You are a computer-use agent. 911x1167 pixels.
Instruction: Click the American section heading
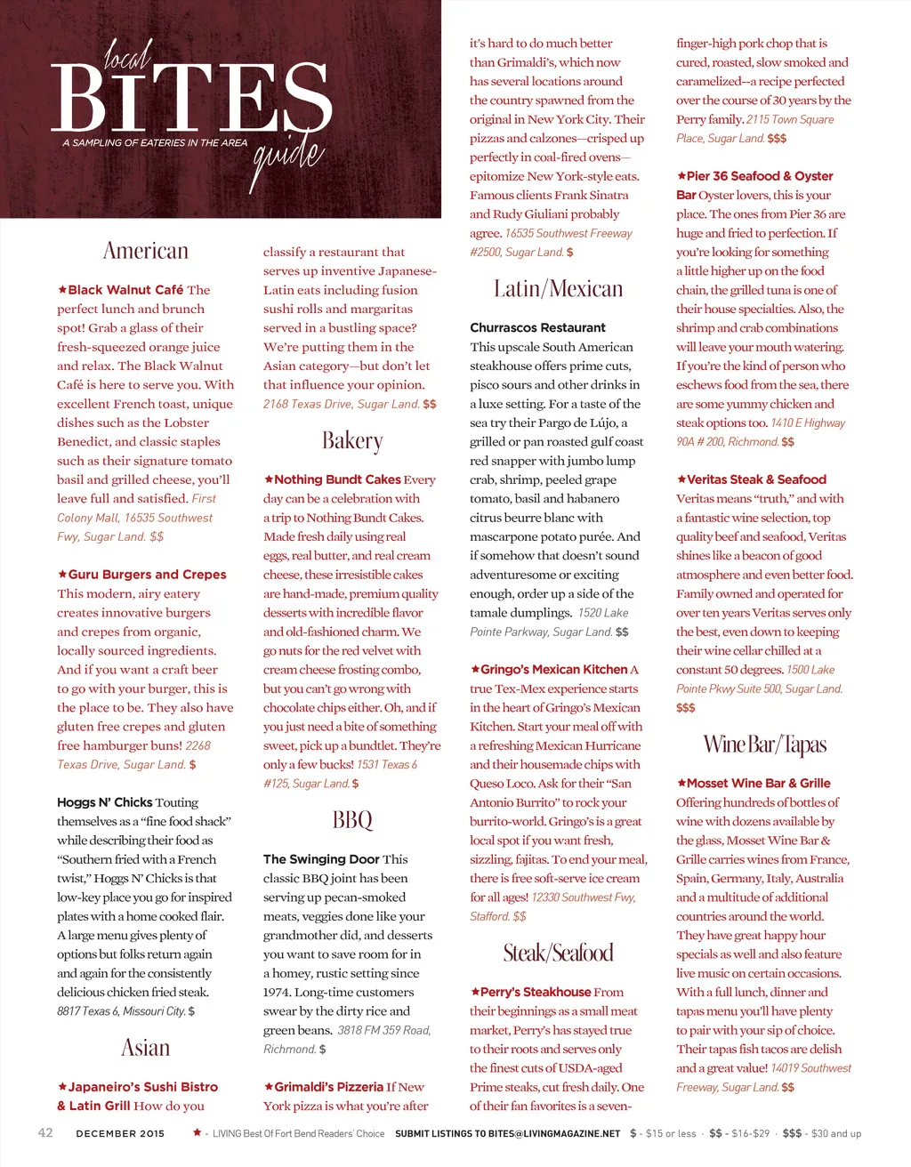[x=146, y=251]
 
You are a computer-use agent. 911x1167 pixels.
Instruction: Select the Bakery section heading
[x=352, y=441]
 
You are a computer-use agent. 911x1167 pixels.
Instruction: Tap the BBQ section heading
[x=352, y=820]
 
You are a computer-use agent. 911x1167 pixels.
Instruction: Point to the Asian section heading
[x=146, y=1048]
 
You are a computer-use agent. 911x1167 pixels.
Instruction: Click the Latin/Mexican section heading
[x=558, y=289]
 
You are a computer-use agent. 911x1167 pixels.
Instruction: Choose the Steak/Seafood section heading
[x=558, y=954]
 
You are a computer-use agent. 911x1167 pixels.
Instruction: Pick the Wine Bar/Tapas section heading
[x=764, y=744]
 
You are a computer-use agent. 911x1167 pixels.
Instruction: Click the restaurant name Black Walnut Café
[x=125, y=290]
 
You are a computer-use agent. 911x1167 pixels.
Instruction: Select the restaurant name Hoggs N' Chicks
[x=104, y=802]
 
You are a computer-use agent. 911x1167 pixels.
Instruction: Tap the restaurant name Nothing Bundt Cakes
[x=337, y=479]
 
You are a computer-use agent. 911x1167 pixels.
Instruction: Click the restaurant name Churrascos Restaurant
[x=537, y=327]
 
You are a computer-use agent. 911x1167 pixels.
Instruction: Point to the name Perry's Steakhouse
[x=536, y=992]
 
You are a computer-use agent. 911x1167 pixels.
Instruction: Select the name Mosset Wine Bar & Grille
[x=758, y=784]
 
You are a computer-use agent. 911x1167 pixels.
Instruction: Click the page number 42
[x=45, y=1133]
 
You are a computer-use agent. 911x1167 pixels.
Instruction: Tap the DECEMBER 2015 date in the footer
[x=120, y=1134]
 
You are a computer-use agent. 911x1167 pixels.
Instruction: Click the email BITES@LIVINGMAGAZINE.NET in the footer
[x=553, y=1134]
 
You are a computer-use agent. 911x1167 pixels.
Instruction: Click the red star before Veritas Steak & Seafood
[x=681, y=479]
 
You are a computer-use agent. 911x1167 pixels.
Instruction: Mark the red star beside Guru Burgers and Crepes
[x=62, y=575]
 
